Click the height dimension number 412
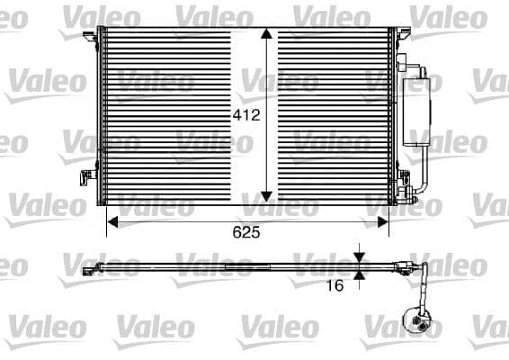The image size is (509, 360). coord(246,115)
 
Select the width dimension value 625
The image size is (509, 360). coord(246,232)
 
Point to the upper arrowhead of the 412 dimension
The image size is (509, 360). coord(266,34)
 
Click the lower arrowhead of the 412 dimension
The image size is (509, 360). coord(266,193)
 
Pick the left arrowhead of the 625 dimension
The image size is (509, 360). coord(112,218)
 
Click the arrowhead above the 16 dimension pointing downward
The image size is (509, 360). coord(359,256)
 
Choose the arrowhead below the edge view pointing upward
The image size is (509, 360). coord(359,274)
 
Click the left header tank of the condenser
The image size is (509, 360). coord(101,117)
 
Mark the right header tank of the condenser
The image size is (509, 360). coord(391,117)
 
